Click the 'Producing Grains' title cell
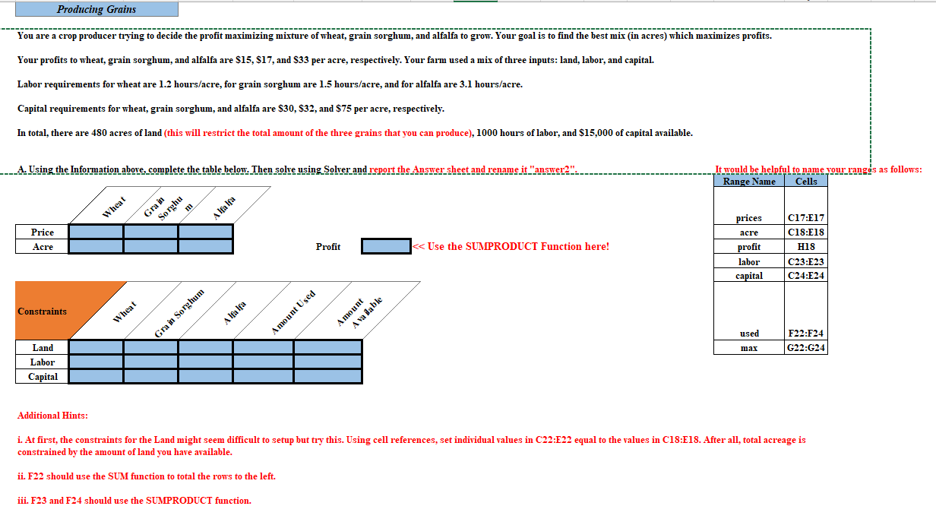96,9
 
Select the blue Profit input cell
385,246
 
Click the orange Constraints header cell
43,312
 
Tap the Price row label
43,232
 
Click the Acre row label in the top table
43,247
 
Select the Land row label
43,348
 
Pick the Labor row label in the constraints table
43,362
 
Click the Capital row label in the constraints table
43,377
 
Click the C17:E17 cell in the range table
806,218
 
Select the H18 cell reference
806,247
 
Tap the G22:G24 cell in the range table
806,348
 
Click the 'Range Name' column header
749,181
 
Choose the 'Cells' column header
806,181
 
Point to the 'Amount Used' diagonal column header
293,312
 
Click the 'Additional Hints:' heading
52,416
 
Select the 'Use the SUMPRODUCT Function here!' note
511,246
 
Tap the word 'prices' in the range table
749,218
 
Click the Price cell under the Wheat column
96,232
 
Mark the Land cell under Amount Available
328,348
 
